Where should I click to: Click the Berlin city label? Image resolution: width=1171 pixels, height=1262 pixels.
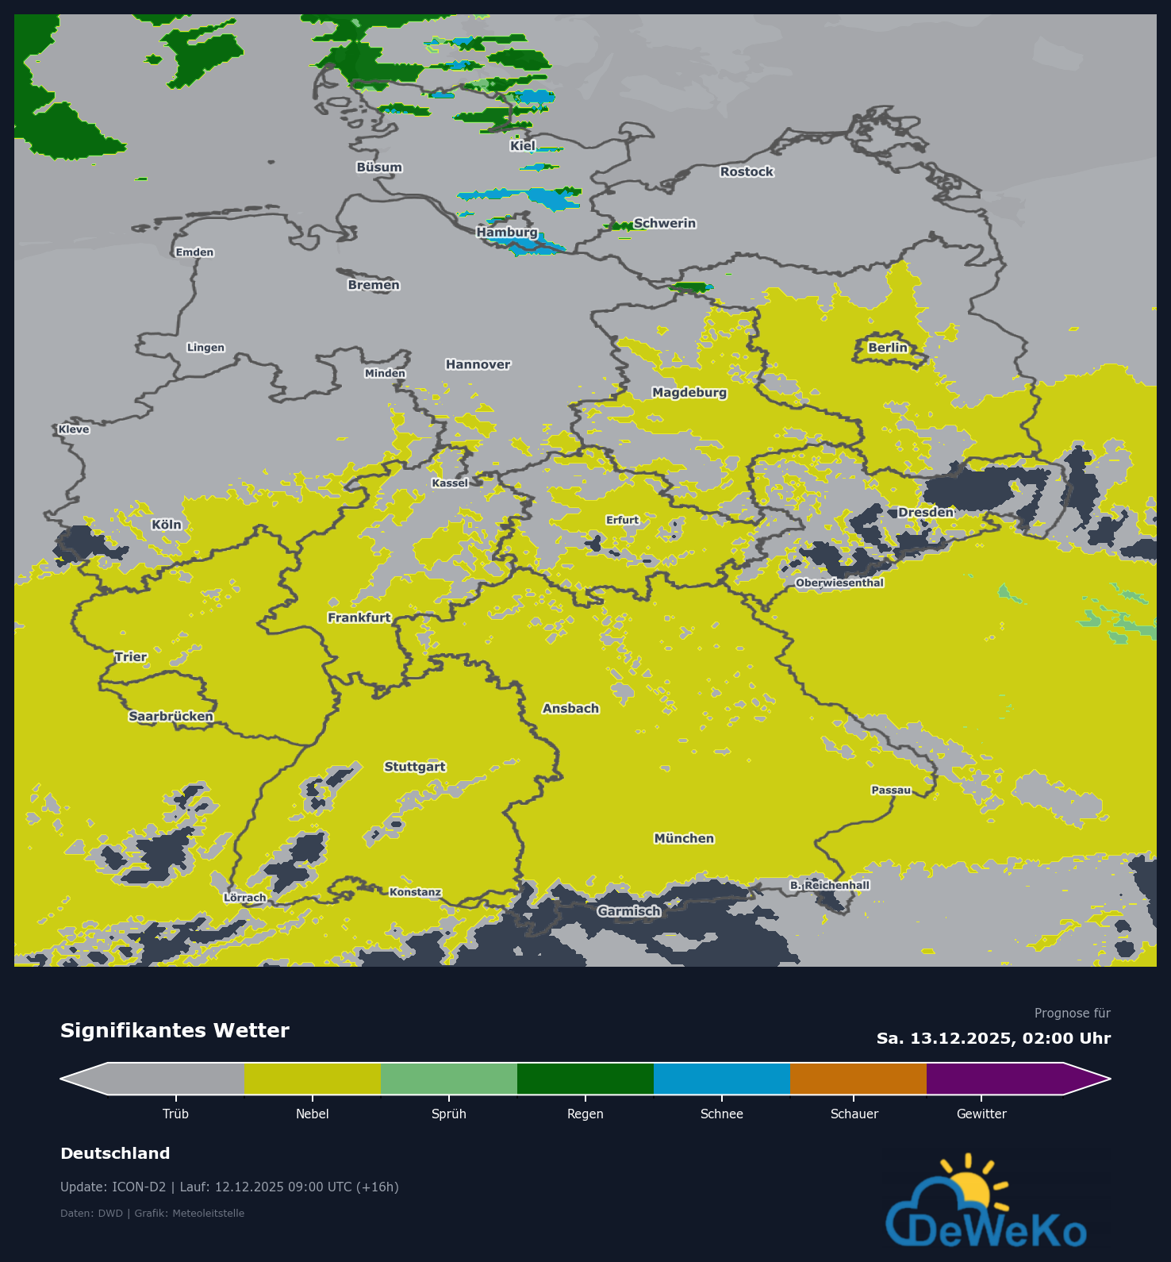point(887,348)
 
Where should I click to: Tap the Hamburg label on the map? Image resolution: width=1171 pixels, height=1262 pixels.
point(506,233)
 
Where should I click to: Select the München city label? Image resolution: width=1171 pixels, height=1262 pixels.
point(684,838)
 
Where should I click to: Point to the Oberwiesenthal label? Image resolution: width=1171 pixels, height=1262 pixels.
point(839,583)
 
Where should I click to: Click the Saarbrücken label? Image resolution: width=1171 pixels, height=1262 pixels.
point(171,716)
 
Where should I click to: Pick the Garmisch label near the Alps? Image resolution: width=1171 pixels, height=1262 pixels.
point(628,911)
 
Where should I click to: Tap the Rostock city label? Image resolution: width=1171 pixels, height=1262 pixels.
point(746,171)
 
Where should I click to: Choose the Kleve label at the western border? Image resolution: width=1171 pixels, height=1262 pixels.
point(74,429)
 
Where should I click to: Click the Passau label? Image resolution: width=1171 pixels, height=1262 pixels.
point(891,790)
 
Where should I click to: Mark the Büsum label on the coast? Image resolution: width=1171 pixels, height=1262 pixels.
point(378,167)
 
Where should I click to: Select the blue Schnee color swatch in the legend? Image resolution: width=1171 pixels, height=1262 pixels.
point(721,1079)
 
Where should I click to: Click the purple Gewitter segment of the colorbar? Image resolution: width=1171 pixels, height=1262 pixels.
point(996,1079)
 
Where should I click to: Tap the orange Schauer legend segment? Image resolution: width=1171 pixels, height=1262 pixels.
point(858,1079)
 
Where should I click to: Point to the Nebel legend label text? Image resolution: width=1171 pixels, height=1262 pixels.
point(312,1114)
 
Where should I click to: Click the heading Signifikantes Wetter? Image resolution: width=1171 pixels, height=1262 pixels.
point(175,1030)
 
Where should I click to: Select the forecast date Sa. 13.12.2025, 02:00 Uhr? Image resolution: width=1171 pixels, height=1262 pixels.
point(993,1038)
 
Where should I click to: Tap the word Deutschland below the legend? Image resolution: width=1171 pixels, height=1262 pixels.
point(115,1153)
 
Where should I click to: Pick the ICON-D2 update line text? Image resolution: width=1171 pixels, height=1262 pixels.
point(229,1187)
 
